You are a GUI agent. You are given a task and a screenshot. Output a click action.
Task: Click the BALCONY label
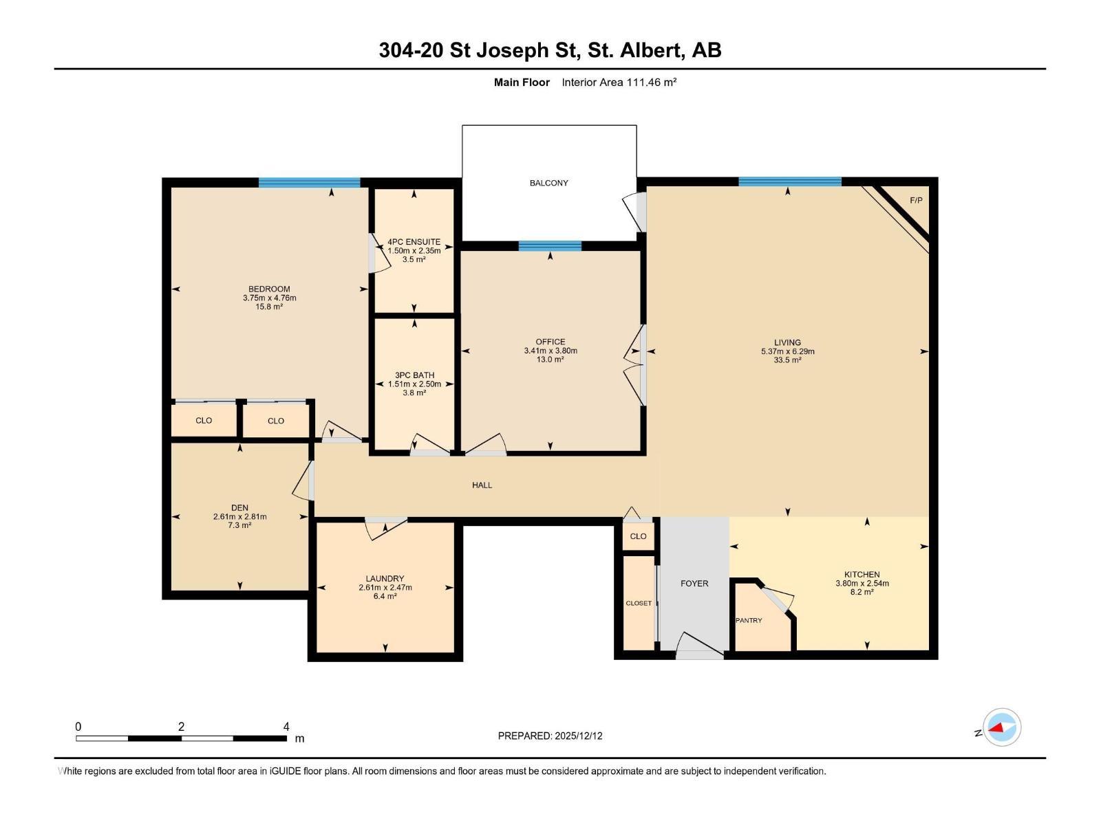point(548,183)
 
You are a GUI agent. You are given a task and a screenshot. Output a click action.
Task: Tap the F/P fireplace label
point(916,201)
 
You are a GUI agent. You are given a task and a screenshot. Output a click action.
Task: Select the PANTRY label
point(749,620)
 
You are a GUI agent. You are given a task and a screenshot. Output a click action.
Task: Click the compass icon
point(1002,727)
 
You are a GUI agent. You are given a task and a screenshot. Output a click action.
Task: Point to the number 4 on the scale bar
point(286,727)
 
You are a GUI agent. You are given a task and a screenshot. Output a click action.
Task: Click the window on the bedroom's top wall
point(309,182)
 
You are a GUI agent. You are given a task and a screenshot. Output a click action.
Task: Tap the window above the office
point(550,246)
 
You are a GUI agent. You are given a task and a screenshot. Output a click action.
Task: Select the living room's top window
point(789,181)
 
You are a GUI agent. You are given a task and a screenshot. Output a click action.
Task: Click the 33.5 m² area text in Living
point(787,360)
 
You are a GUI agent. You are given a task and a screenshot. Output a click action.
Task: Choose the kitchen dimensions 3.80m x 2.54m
point(862,583)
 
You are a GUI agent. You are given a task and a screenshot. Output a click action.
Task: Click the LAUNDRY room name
point(385,579)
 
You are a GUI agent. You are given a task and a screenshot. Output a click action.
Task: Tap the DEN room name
point(239,508)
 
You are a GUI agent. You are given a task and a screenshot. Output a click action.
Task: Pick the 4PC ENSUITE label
point(414,242)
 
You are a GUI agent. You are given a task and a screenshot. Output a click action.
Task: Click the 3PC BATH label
point(414,375)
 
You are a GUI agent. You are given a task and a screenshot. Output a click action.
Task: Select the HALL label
point(482,485)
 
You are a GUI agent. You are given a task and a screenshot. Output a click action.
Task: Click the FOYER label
point(694,583)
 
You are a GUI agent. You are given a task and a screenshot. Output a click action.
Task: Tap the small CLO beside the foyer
point(638,536)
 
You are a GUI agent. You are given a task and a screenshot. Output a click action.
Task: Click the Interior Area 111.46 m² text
point(619,82)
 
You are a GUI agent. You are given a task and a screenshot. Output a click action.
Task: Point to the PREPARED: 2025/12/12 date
point(550,736)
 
